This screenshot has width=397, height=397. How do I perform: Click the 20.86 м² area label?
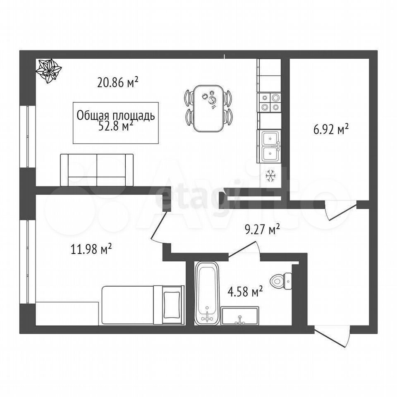tap(118, 82)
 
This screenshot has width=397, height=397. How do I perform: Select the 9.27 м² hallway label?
tap(262, 229)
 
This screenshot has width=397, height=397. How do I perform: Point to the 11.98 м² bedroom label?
tap(91, 249)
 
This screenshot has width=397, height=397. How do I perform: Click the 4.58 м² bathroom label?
tap(245, 292)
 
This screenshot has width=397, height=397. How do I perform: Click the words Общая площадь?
tap(116, 116)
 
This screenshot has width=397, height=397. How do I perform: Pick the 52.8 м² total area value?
tap(116, 126)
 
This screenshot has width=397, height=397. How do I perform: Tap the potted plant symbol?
tap(48, 71)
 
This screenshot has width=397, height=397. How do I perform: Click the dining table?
tap(208, 108)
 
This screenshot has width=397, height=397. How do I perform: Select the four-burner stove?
tap(269, 103)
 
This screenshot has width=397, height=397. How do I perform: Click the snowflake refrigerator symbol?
tap(270, 176)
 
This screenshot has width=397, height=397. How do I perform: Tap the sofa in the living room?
tap(97, 170)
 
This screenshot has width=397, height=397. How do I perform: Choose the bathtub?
tap(207, 293)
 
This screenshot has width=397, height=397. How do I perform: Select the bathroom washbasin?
tap(240, 316)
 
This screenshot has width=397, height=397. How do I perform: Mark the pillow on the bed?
tap(172, 305)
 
